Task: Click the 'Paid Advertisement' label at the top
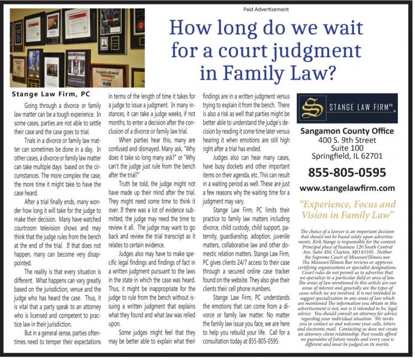266,9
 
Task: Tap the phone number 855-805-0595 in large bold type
346,171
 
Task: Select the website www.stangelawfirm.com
347,188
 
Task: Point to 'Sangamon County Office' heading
347,131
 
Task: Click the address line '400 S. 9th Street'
347,140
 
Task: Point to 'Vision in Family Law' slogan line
347,214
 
